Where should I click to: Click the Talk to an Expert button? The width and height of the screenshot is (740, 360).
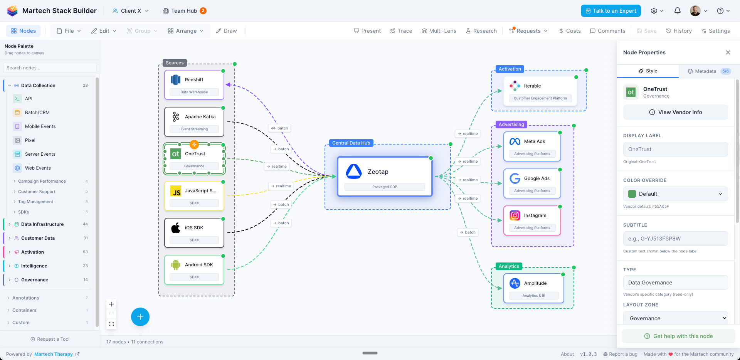610,11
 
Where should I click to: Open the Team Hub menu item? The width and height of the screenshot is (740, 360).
184,11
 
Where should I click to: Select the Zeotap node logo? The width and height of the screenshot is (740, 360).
353,172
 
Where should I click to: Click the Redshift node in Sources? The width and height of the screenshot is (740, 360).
194,84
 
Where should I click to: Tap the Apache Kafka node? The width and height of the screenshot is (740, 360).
194,121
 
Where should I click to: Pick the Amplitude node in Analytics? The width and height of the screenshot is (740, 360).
533,288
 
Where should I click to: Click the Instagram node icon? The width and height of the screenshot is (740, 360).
515,215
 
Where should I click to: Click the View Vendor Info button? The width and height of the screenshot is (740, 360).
675,112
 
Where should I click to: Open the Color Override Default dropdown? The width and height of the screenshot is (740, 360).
675,194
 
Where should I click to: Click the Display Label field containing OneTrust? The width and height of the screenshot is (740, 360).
675,149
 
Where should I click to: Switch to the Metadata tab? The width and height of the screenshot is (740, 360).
709,71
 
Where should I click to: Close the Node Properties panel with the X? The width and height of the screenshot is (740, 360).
728,52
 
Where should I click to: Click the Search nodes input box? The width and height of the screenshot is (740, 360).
50,68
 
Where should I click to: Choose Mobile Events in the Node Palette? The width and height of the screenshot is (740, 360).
40,126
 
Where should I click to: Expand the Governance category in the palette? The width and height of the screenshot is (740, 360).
35,280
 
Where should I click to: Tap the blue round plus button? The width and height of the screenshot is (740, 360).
140,317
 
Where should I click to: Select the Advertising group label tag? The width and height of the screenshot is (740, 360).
511,124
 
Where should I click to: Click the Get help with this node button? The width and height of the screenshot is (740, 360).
678,336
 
